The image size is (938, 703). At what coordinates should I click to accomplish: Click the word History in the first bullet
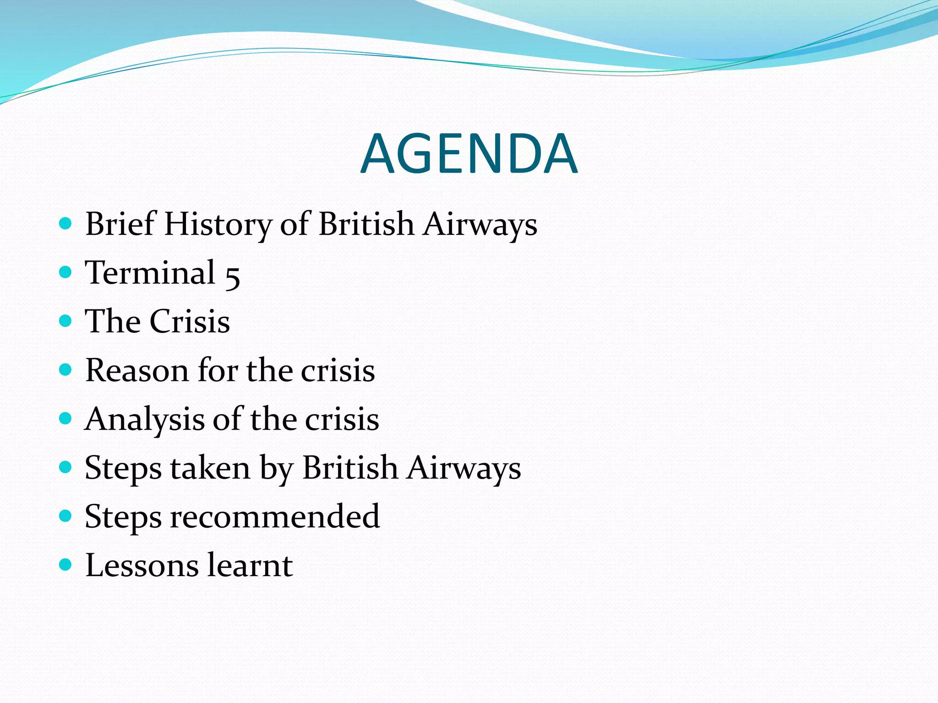(218, 224)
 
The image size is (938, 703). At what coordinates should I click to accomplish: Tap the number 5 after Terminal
(233, 275)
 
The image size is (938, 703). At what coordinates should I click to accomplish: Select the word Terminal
(150, 273)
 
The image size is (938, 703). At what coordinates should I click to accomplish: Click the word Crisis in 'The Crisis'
(190, 321)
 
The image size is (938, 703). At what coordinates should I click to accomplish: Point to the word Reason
(136, 370)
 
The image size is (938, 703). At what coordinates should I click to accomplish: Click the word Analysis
(144, 420)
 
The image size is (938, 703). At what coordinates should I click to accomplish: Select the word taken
(210, 468)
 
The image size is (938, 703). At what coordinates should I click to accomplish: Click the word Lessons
(142, 566)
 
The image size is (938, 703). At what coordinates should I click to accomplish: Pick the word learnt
(250, 566)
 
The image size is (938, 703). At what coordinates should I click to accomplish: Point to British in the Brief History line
(366, 224)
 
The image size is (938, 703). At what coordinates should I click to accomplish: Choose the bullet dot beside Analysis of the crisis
(66, 418)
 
